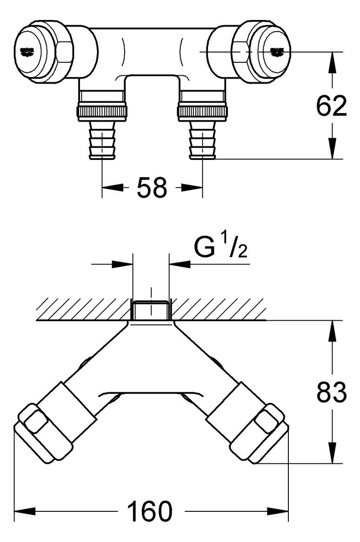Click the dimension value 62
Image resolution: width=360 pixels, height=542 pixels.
[x=332, y=106]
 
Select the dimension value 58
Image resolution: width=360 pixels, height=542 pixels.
[x=152, y=188]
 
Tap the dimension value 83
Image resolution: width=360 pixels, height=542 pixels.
[x=332, y=393]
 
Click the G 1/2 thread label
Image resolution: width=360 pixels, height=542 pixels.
[x=220, y=249]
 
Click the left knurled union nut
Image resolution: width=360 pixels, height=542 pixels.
[x=102, y=112]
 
